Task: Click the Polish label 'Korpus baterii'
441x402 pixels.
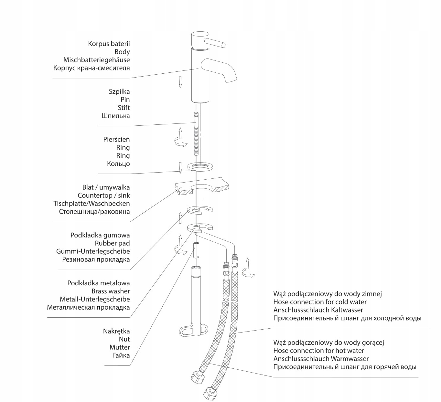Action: coord(109,44)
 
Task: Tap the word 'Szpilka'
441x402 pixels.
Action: coord(119,91)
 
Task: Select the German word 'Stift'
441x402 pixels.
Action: coord(124,108)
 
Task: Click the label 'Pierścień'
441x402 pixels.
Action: coord(116,140)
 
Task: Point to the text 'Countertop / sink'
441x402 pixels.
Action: coord(103,196)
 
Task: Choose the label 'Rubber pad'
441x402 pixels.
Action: coord(112,243)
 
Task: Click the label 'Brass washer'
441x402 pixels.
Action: coord(111,291)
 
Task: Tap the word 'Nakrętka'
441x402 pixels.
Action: coord(116,331)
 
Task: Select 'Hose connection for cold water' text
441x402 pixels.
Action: coord(320,302)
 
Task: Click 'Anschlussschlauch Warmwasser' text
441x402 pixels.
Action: coord(321,359)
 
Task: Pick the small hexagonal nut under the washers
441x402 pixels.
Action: coord(196,250)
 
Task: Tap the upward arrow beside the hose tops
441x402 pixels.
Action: coord(247,263)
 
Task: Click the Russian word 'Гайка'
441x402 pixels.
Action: coord(121,355)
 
